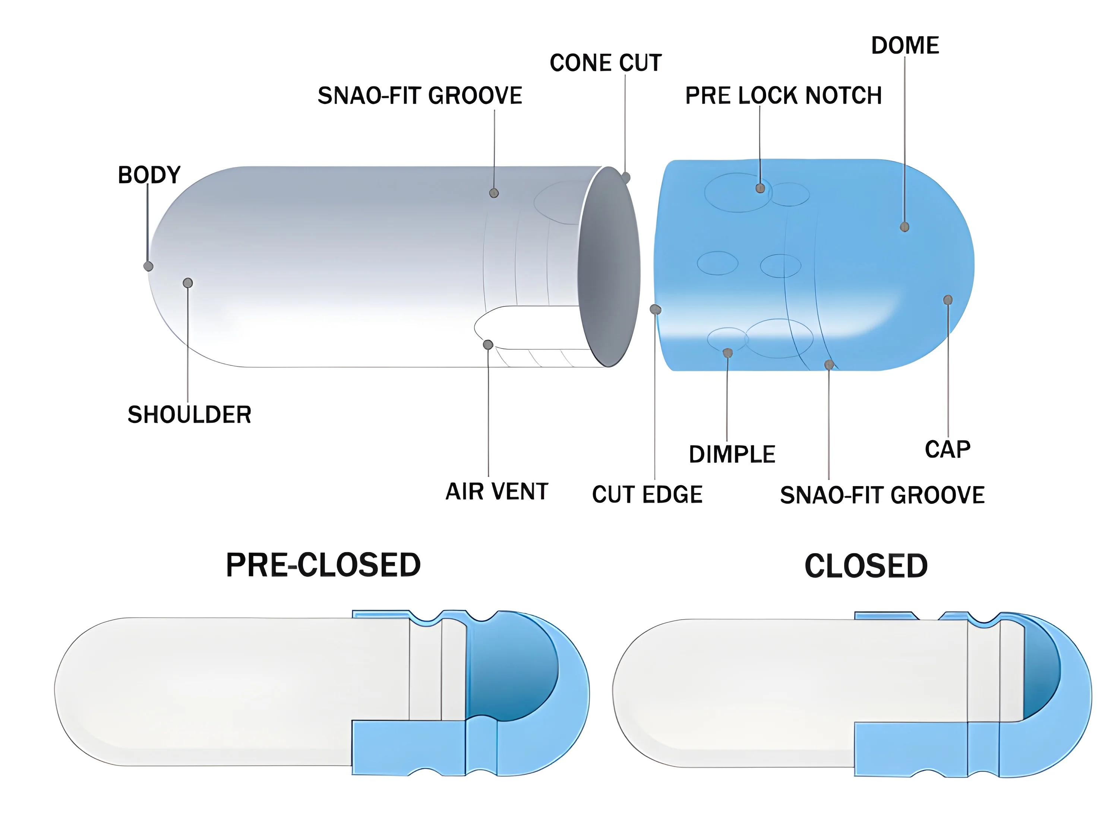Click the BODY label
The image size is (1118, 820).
(149, 175)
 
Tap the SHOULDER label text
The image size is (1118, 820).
(189, 414)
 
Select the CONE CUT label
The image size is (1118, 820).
(606, 63)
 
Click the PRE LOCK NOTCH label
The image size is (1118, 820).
(783, 95)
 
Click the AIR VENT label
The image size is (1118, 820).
(497, 491)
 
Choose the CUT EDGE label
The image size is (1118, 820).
(647, 494)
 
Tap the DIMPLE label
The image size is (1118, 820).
(732, 454)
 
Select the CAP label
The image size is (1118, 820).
(947, 449)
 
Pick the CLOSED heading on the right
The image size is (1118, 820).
(866, 566)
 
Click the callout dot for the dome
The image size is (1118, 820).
(904, 227)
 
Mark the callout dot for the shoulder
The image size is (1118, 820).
(187, 283)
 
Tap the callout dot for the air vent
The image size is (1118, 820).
(488, 344)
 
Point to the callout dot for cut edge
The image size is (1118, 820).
(655, 310)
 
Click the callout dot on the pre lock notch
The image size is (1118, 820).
(760, 188)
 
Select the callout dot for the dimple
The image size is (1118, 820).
(727, 353)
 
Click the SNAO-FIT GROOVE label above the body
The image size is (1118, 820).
(420, 95)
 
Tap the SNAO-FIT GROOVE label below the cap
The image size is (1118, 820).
(882, 495)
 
